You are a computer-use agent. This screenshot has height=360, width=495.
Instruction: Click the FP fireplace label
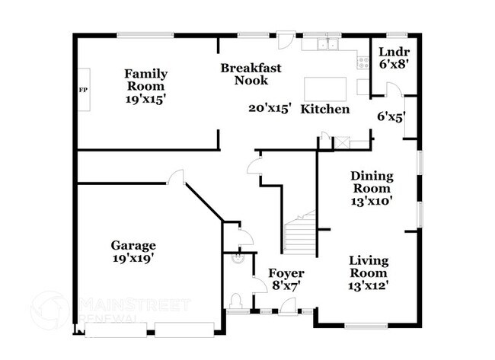pyautogui.click(x=83, y=90)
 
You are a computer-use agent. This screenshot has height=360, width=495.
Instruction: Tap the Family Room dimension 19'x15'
pyautogui.click(x=145, y=99)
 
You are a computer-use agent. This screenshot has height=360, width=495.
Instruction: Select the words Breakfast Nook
pyautogui.click(x=251, y=74)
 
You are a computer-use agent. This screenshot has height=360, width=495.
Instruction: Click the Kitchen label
pyautogui.click(x=325, y=109)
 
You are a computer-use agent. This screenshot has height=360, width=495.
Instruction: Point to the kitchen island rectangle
pyautogui.click(x=325, y=89)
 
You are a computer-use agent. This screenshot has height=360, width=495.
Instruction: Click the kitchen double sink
pyautogui.click(x=327, y=44)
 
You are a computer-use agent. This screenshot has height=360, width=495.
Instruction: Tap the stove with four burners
pyautogui.click(x=363, y=62)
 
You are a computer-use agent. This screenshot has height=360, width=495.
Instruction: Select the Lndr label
pyautogui.click(x=394, y=52)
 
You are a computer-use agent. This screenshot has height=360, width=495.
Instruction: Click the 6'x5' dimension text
pyautogui.click(x=391, y=117)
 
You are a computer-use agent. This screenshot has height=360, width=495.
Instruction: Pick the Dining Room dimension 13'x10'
pyautogui.click(x=372, y=201)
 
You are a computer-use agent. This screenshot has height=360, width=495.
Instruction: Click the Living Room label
pyautogui.click(x=369, y=266)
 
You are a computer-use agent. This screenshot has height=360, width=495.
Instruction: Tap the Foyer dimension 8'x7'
pyautogui.click(x=286, y=286)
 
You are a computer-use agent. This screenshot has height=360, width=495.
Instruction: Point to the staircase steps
pyautogui.click(x=300, y=234)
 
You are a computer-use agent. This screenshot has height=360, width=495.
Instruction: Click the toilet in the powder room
pyautogui.click(x=236, y=301)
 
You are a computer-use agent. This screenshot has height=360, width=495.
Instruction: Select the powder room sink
pyautogui.click(x=238, y=258)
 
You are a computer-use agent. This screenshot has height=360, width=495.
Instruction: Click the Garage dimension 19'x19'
pyautogui.click(x=133, y=258)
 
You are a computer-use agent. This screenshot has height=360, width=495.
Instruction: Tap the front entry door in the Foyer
pyautogui.click(x=288, y=306)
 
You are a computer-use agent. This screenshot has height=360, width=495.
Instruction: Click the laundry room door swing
pyautogui.click(x=394, y=88)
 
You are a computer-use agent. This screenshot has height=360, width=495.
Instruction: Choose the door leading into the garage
pyautogui.click(x=175, y=177)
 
